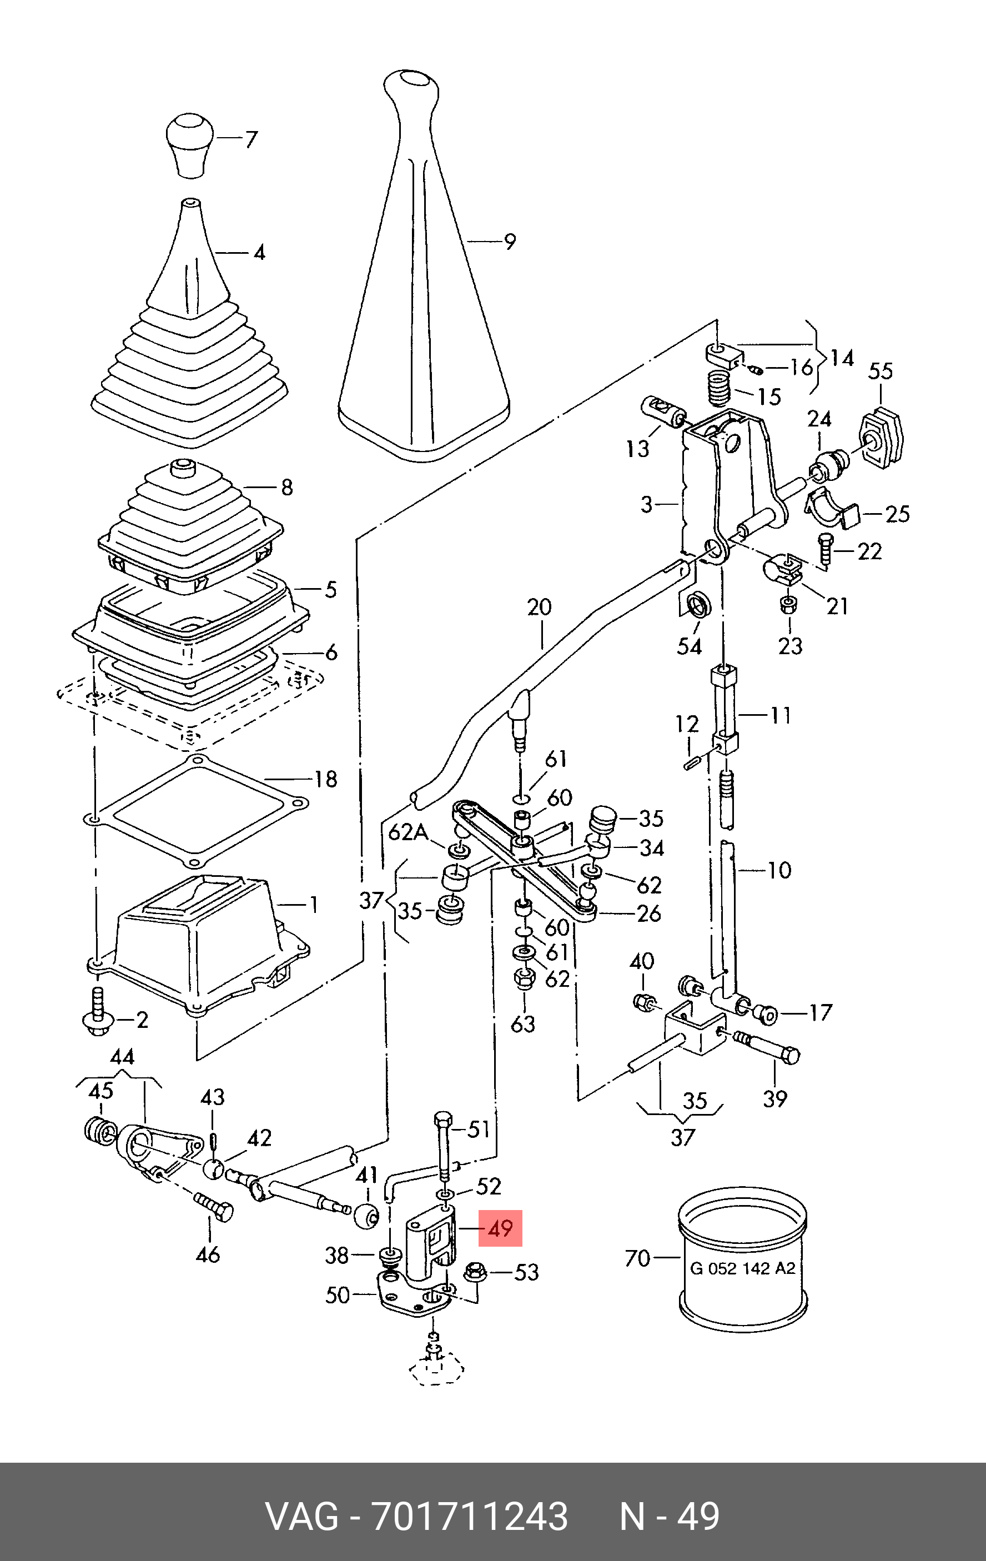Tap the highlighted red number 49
[x=500, y=1228]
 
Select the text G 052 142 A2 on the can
[x=742, y=1268]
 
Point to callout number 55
[x=881, y=372]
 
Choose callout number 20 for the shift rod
[x=539, y=608]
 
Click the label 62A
[x=407, y=832]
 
